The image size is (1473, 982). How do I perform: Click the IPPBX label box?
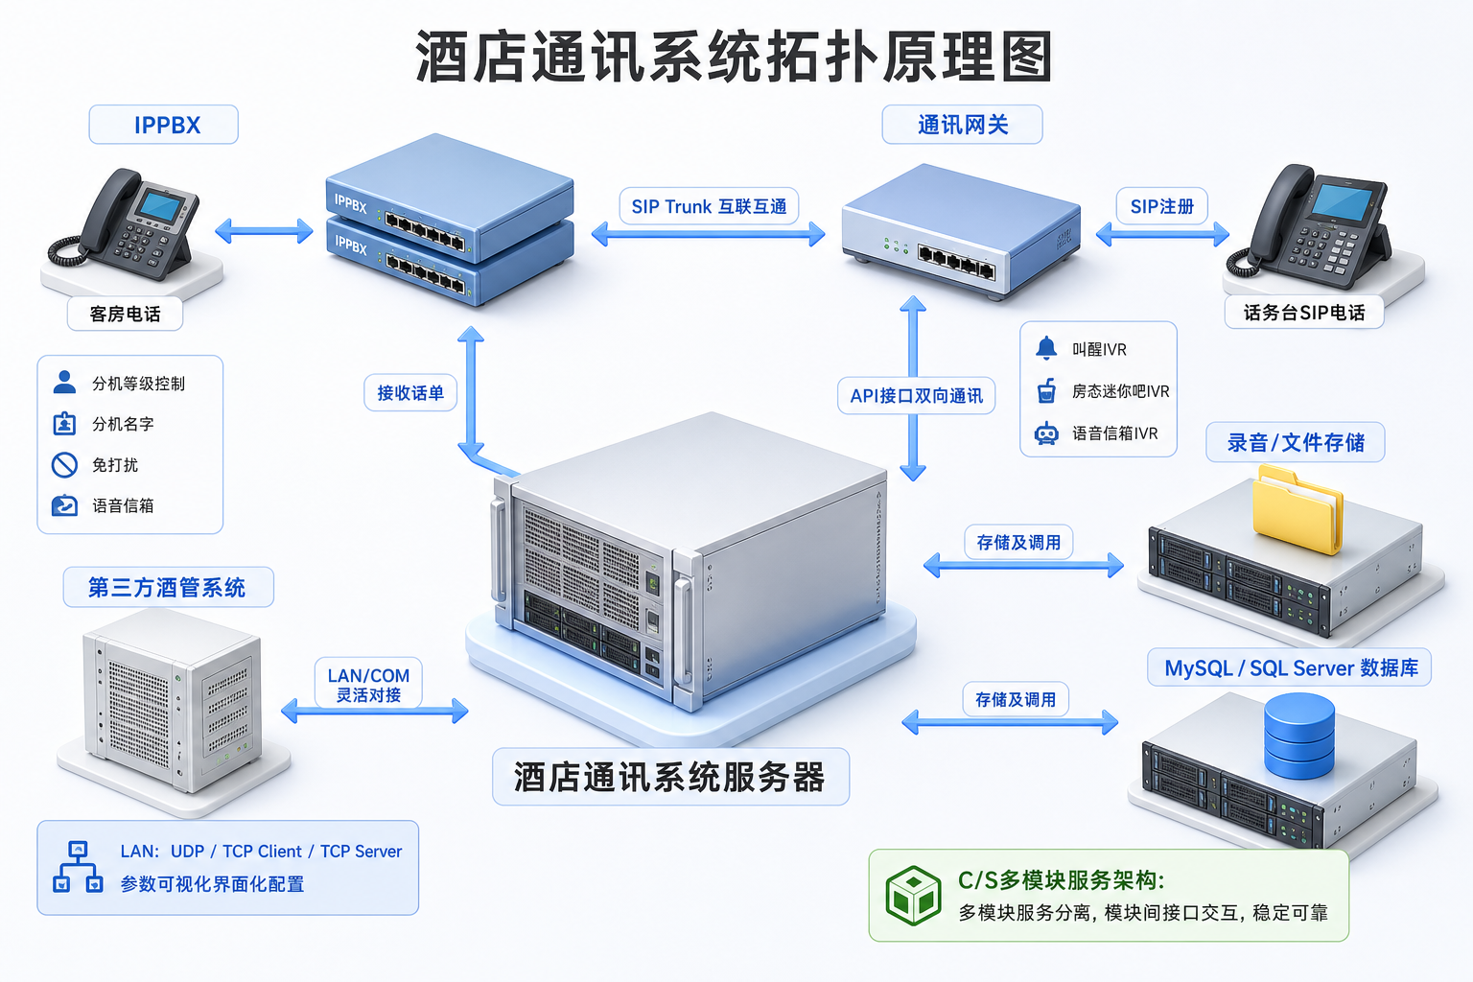[x=164, y=125]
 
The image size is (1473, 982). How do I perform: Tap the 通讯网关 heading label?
[x=962, y=125]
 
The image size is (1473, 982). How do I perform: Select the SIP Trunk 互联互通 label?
[x=709, y=206]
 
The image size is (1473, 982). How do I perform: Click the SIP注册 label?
[x=1162, y=206]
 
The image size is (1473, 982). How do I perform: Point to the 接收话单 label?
[x=410, y=392]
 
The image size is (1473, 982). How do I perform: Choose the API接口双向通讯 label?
[x=916, y=395]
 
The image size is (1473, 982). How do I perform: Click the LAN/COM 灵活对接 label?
[x=368, y=684]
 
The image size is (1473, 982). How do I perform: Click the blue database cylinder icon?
[x=1299, y=736]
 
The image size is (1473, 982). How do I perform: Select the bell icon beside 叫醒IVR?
[x=1046, y=348]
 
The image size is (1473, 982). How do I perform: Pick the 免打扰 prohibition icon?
[x=64, y=465]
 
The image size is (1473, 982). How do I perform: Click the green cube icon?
[x=913, y=895]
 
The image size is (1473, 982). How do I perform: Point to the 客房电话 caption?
[x=125, y=314]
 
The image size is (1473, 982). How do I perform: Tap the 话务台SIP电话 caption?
[x=1304, y=313]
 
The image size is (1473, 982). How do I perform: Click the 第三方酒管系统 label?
[x=168, y=587]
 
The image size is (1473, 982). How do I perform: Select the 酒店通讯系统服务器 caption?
[x=670, y=777]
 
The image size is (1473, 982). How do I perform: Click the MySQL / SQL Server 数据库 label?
[x=1291, y=667]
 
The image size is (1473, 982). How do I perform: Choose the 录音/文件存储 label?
[x=1296, y=442]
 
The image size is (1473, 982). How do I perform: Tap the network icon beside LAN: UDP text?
[x=78, y=867]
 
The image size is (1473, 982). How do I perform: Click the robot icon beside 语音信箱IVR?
[x=1046, y=433]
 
